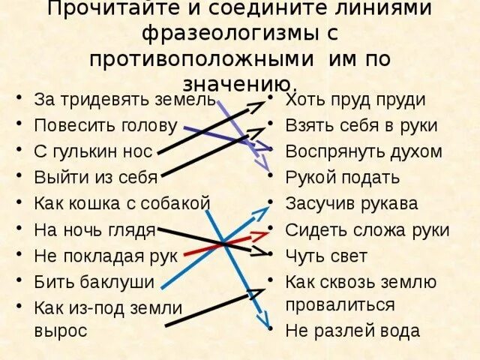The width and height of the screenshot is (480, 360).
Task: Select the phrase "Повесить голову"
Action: (x=106, y=125)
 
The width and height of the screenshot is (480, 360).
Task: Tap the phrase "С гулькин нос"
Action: (x=94, y=151)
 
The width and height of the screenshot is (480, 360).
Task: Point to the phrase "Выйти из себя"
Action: (x=96, y=178)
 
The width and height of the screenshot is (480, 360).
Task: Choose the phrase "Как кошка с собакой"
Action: (x=122, y=203)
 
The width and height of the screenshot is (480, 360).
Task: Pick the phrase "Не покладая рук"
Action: (x=106, y=256)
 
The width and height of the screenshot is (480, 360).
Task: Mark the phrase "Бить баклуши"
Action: (x=94, y=282)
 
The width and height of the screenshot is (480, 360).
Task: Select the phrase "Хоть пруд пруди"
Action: (x=355, y=100)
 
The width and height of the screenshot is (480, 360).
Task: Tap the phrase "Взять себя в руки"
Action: (x=361, y=125)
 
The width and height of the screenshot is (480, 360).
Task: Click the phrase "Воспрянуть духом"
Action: (x=364, y=151)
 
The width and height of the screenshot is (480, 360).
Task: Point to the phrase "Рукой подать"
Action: (x=343, y=178)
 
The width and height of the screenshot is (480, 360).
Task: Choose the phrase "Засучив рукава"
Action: (x=352, y=203)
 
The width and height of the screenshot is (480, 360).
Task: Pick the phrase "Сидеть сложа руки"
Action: (x=367, y=230)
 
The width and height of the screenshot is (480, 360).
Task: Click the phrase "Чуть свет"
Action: (x=326, y=256)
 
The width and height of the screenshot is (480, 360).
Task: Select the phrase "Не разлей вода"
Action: (x=352, y=331)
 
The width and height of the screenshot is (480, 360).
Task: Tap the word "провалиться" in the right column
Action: (x=340, y=304)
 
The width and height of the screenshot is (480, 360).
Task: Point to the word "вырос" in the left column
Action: (x=61, y=330)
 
